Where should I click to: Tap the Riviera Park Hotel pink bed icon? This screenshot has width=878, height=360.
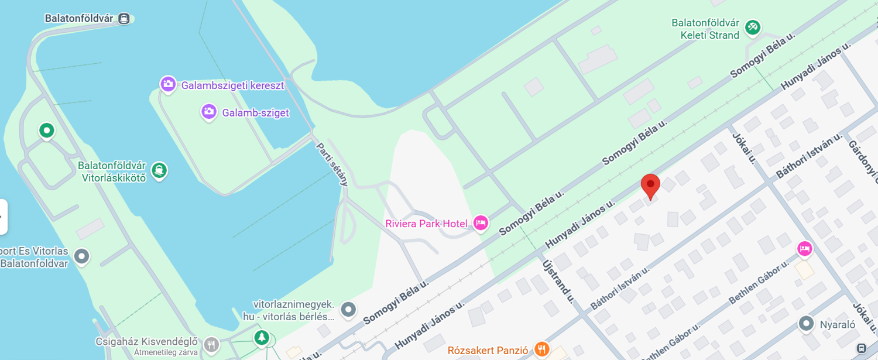pyautogui.click(x=481, y=223)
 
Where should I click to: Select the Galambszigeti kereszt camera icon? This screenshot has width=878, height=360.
pyautogui.click(x=168, y=85)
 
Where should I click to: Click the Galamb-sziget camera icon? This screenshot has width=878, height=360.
pyautogui.click(x=209, y=112)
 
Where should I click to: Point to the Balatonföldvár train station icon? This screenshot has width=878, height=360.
pyautogui.click(x=124, y=19)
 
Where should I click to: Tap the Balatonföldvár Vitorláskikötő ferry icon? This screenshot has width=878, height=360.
pyautogui.click(x=159, y=171)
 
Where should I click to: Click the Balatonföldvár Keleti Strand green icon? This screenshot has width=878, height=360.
pyautogui.click(x=753, y=26)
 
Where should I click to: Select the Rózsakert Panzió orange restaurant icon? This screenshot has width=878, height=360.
pyautogui.click(x=542, y=350)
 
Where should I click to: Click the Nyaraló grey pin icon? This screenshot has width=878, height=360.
pyautogui.click(x=807, y=324)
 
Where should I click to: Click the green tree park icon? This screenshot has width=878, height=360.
pyautogui.click(x=261, y=338)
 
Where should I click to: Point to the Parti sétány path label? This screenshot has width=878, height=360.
pyautogui.click(x=332, y=164)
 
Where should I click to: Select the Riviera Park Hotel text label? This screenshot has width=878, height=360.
pyautogui.click(x=426, y=224)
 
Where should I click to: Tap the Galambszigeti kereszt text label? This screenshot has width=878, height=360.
pyautogui.click(x=232, y=85)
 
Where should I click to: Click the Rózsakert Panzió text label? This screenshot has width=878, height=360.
pyautogui.click(x=488, y=351)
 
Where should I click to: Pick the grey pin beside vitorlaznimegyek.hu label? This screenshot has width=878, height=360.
pyautogui.click(x=349, y=309)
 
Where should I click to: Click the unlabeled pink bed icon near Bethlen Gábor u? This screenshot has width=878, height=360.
pyautogui.click(x=805, y=249)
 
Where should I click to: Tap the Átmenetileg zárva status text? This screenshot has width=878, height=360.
pyautogui.click(x=166, y=352)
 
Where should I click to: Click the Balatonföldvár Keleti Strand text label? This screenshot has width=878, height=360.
pyautogui.click(x=705, y=29)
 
